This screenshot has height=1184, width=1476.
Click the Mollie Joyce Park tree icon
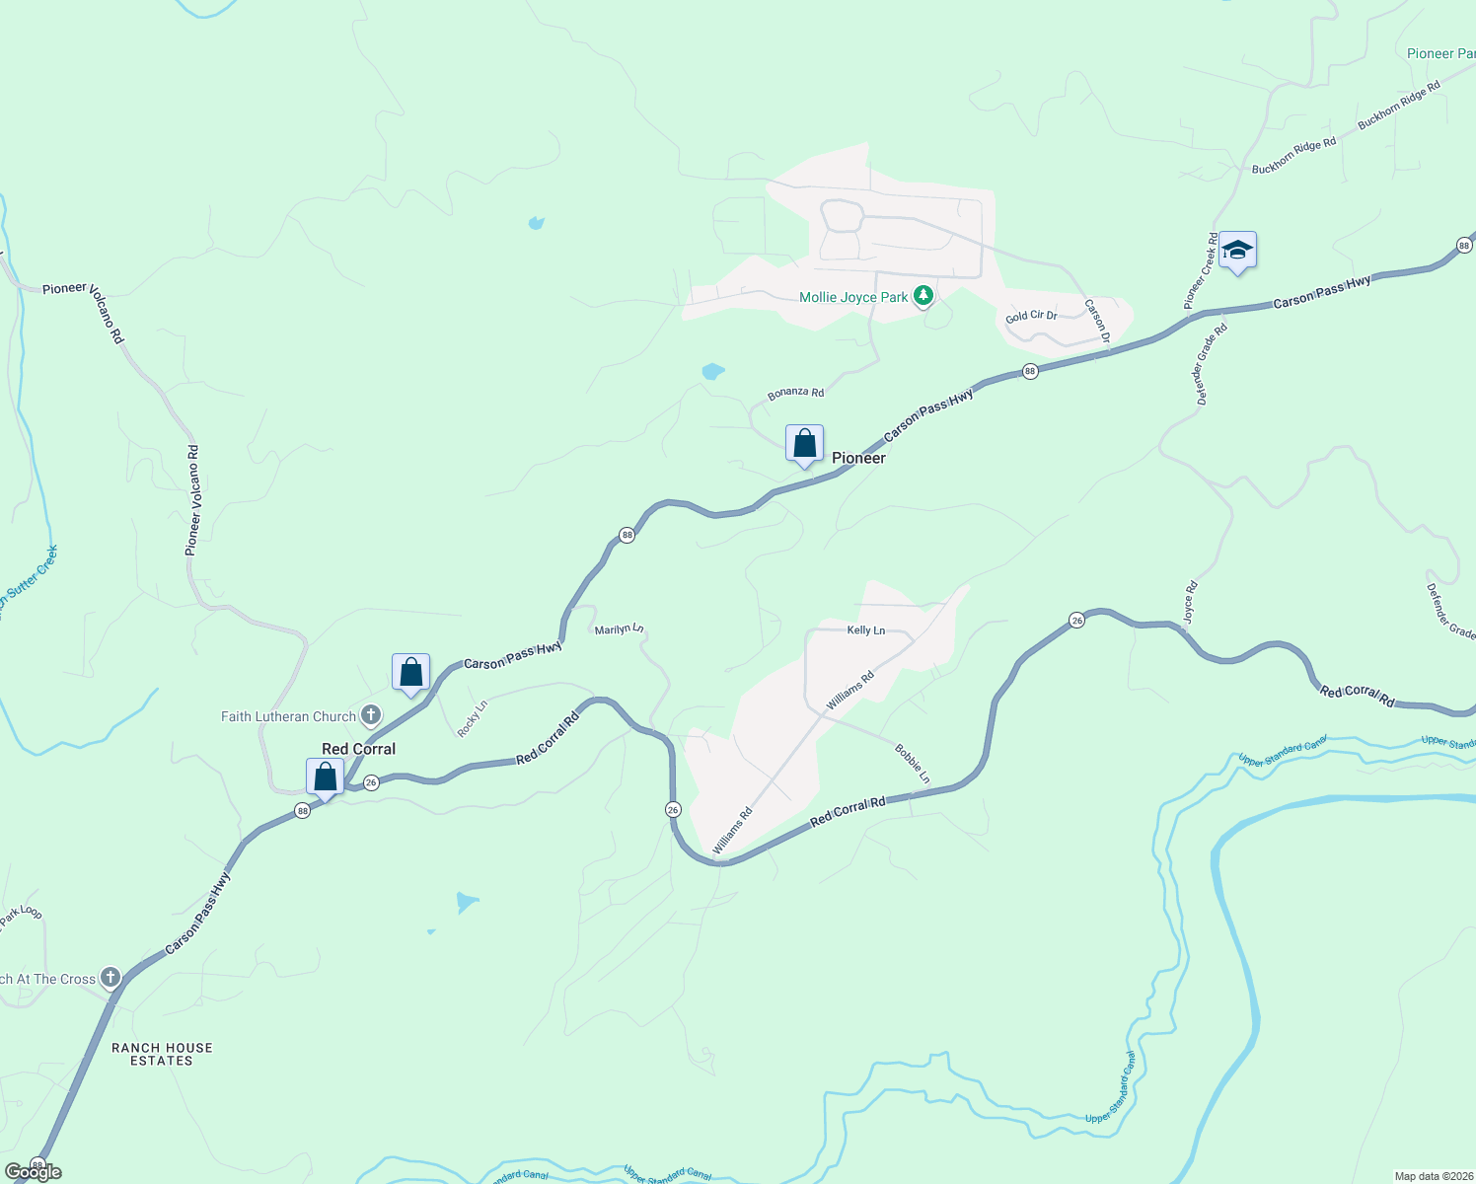click(922, 296)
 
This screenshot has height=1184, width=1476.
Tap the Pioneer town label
click(858, 458)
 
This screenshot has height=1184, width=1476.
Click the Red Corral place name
click(358, 749)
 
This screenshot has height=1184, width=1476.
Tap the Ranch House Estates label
click(162, 1054)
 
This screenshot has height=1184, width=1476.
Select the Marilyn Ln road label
click(619, 629)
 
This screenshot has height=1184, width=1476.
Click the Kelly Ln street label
click(866, 630)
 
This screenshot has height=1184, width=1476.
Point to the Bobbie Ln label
click(912, 764)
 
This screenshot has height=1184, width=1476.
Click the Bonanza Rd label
click(795, 393)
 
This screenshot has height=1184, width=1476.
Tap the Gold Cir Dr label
click(1031, 316)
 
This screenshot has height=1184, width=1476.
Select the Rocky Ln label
click(473, 718)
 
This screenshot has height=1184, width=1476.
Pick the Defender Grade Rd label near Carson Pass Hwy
click(1211, 364)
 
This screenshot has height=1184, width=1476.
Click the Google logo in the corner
click(33, 1172)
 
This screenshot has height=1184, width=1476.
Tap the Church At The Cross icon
click(111, 978)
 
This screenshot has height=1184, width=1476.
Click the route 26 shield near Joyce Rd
click(1076, 620)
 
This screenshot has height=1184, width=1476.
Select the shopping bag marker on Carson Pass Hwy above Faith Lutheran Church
click(410, 672)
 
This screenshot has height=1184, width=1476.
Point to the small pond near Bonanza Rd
click(712, 372)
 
